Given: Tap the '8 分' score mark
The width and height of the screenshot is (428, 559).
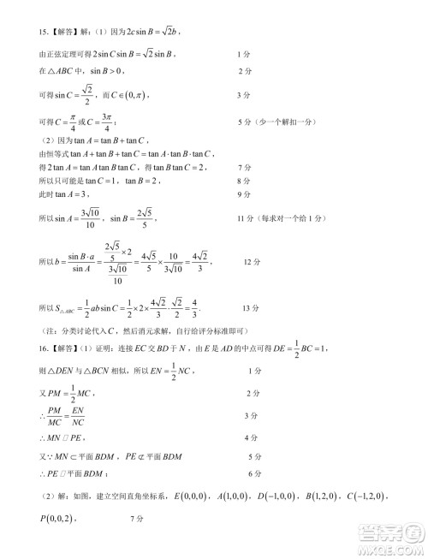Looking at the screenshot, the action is click(242, 181).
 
